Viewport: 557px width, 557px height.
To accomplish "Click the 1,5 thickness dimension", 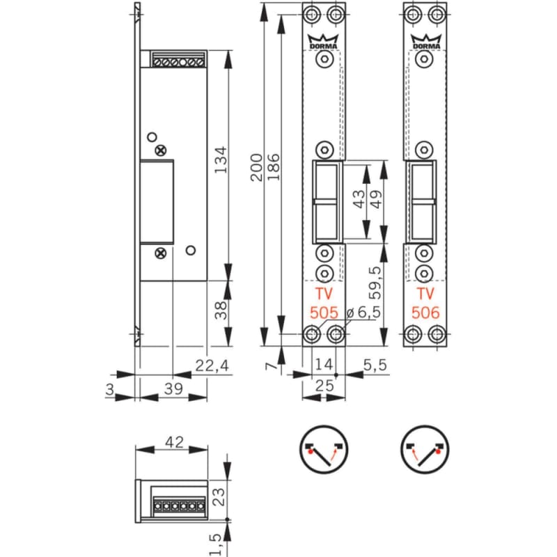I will click(218, 540).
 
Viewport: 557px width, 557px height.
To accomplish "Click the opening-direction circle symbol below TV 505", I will click(324, 449).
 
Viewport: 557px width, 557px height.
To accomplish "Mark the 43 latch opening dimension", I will click(359, 201).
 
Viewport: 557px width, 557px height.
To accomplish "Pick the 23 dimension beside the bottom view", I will click(217, 496).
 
